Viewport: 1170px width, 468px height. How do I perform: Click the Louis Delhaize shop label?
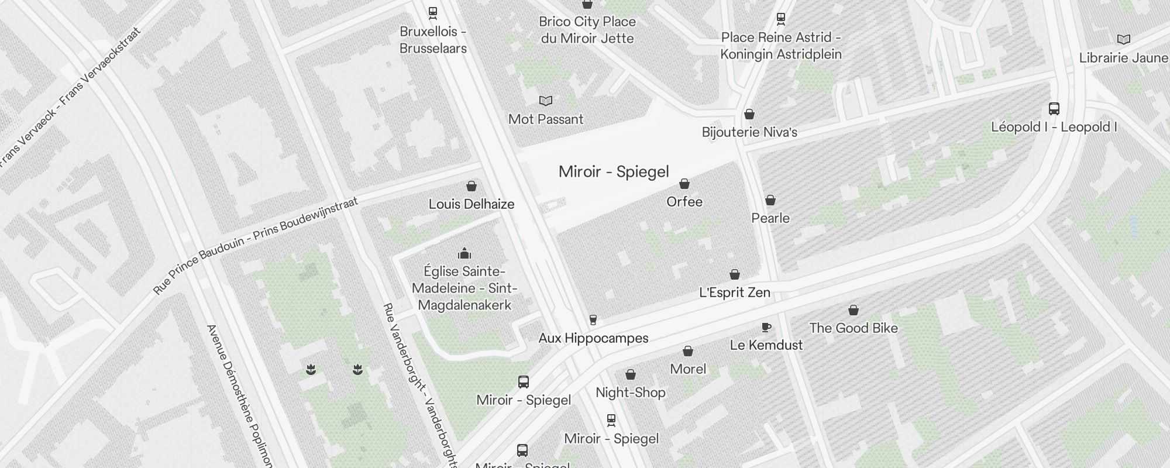click(472, 204)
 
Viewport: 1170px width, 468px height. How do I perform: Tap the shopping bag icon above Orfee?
click(684, 184)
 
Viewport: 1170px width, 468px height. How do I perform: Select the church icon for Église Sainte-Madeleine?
click(464, 253)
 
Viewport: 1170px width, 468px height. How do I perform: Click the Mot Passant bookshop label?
click(546, 119)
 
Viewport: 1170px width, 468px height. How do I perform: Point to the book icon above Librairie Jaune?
click(1123, 40)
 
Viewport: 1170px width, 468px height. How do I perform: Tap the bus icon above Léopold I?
click(1054, 109)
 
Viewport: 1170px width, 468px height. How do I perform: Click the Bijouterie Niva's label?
click(749, 132)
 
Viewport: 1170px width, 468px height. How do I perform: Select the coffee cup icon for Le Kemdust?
click(766, 327)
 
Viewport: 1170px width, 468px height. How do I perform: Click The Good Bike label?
click(854, 328)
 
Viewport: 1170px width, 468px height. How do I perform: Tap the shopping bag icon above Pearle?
click(770, 200)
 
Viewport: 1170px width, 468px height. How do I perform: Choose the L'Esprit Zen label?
click(735, 292)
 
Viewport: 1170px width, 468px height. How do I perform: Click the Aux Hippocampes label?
click(593, 338)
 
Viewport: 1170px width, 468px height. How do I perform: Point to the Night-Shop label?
click(630, 393)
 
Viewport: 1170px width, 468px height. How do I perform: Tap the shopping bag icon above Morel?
click(688, 351)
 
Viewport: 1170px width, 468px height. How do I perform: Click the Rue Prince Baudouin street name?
click(255, 246)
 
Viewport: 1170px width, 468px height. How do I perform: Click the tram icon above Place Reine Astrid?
click(780, 19)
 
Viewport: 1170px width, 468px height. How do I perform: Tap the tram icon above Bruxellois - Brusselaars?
click(433, 12)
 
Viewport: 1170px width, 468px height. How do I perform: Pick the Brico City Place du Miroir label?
click(587, 30)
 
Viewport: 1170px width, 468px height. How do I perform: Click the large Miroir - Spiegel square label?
click(614, 171)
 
